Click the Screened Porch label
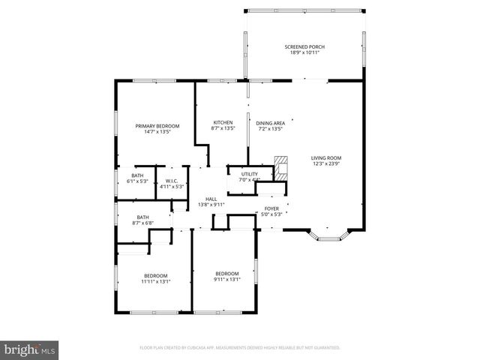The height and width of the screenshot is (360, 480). pyautogui.click(x=304, y=46)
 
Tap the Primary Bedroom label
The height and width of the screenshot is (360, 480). pyautogui.click(x=157, y=126)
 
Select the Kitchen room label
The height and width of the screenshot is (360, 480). pyautogui.click(x=223, y=122)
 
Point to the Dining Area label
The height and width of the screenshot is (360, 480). pyautogui.click(x=270, y=122)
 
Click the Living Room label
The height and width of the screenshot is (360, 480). pyautogui.click(x=326, y=157)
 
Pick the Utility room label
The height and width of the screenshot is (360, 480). pyautogui.click(x=249, y=174)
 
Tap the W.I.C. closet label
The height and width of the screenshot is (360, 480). pyautogui.click(x=170, y=181)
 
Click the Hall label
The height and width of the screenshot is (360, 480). pyautogui.click(x=211, y=199)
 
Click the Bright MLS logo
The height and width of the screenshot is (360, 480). pyautogui.click(x=29, y=349)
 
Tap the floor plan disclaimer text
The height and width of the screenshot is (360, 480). pyautogui.click(x=240, y=348)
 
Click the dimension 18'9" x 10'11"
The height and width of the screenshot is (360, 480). pyautogui.click(x=304, y=52)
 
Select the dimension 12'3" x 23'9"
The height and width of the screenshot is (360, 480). pyautogui.click(x=326, y=163)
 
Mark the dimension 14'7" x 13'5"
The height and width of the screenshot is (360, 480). pyautogui.click(x=157, y=132)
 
